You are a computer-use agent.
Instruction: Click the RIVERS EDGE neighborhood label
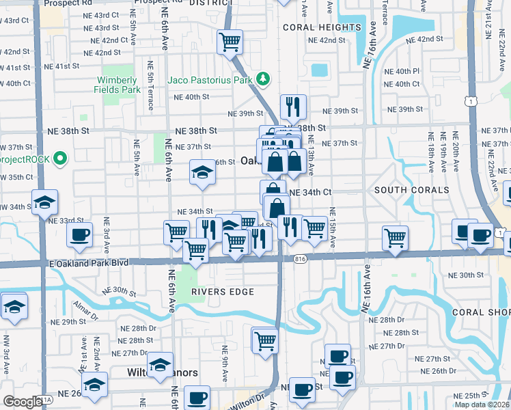[223, 292]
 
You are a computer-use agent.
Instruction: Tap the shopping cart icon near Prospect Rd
[230, 42]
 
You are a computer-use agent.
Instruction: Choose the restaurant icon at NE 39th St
[293, 106]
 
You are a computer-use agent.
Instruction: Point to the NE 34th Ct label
[310, 193]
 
